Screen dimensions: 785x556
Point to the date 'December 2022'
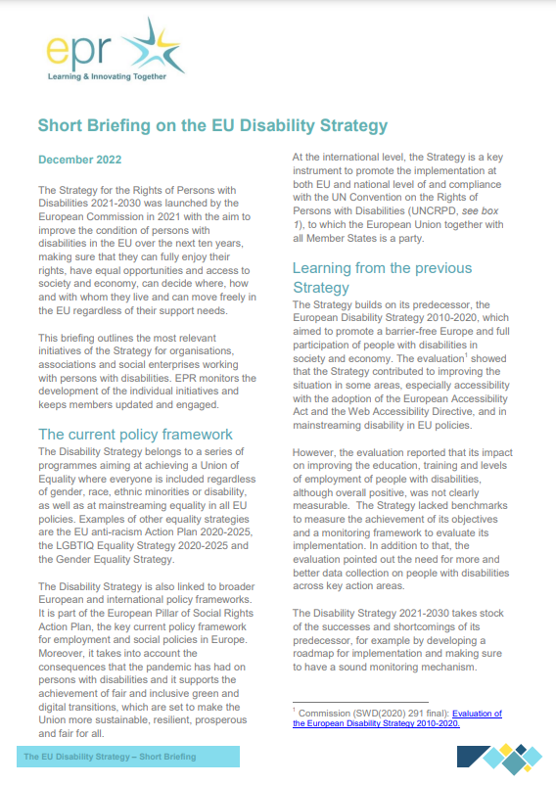pyautogui.click(x=79, y=159)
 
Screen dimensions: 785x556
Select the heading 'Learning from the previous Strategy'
pyautogui.click(x=382, y=277)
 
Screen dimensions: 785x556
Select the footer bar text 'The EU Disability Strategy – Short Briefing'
pyautogui.click(x=110, y=757)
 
